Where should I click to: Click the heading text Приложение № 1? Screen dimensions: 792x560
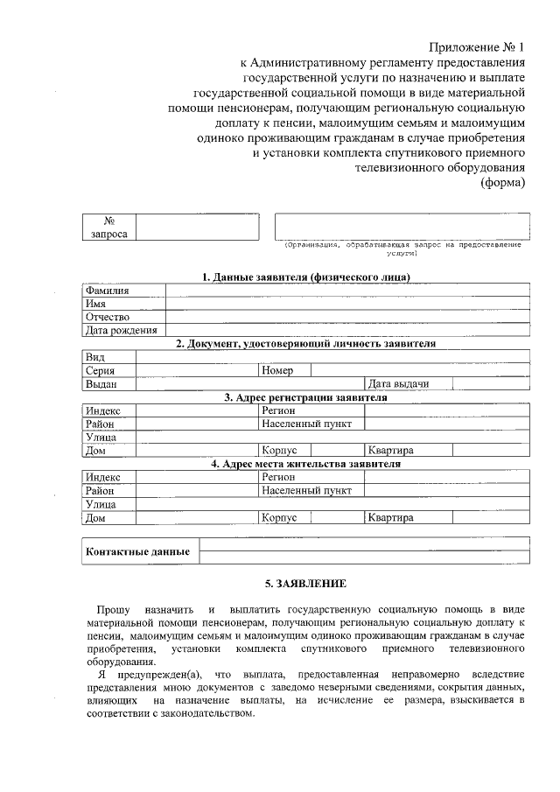(477, 46)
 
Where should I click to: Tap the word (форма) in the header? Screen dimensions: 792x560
(503, 182)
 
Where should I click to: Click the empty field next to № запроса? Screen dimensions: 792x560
(198, 228)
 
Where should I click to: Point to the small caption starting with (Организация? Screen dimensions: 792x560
(402, 249)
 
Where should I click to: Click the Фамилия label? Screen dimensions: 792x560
(107, 291)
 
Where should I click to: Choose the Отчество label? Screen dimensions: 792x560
(107, 317)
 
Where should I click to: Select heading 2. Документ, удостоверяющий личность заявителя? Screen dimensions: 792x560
(305, 344)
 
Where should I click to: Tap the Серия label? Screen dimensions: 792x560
(101, 370)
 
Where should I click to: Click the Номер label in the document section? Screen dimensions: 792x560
(277, 370)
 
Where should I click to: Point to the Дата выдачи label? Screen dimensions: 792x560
(398, 383)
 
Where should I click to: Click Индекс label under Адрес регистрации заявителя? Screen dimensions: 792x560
(103, 410)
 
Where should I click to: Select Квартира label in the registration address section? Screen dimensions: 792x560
(390, 450)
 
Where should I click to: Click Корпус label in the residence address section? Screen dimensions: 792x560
(279, 517)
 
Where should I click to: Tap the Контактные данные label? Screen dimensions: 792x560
(137, 552)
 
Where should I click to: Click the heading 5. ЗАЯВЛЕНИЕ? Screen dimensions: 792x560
(305, 583)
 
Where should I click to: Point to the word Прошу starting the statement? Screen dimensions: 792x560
(113, 607)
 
